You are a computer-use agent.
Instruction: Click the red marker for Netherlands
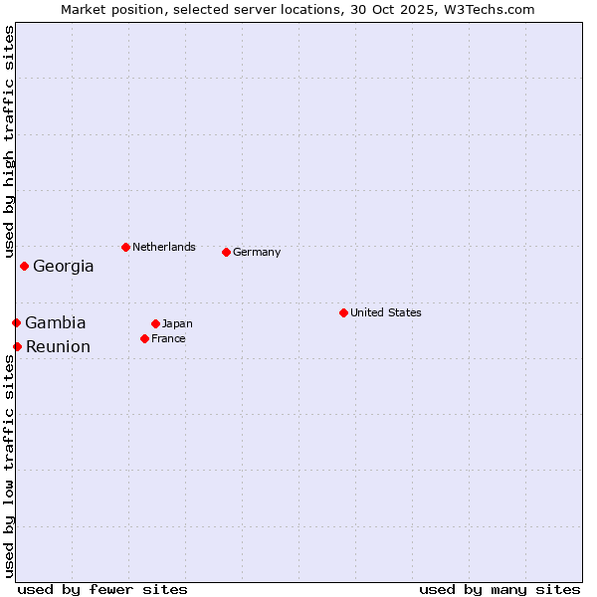pyautogui.click(x=125, y=247)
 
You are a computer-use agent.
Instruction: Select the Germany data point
pyautogui.click(x=226, y=252)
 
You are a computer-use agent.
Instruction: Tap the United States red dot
pyautogui.click(x=343, y=312)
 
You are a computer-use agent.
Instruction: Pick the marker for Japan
pyautogui.click(x=155, y=323)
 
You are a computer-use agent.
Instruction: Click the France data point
pyautogui.click(x=144, y=338)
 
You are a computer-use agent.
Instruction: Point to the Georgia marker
pyautogui.click(x=24, y=266)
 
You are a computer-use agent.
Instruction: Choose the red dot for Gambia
pyautogui.click(x=16, y=322)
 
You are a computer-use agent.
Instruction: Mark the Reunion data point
pyautogui.click(x=17, y=346)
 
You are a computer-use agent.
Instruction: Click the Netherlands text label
pyautogui.click(x=164, y=247)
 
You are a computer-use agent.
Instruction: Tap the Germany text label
pyautogui.click(x=257, y=252)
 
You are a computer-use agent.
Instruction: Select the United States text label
pyautogui.click(x=386, y=312)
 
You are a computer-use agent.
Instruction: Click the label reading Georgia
pyautogui.click(x=64, y=266)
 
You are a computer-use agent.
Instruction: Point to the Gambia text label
pyautogui.click(x=56, y=322)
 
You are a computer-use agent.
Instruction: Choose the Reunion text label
pyautogui.click(x=58, y=346)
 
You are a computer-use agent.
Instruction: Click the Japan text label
pyautogui.click(x=177, y=323)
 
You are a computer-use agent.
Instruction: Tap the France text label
pyautogui.click(x=168, y=338)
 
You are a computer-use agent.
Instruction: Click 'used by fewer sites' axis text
pyautogui.click(x=102, y=589)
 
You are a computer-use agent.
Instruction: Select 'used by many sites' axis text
pyautogui.click(x=499, y=589)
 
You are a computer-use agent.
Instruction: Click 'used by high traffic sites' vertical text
pyautogui.click(x=9, y=142)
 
